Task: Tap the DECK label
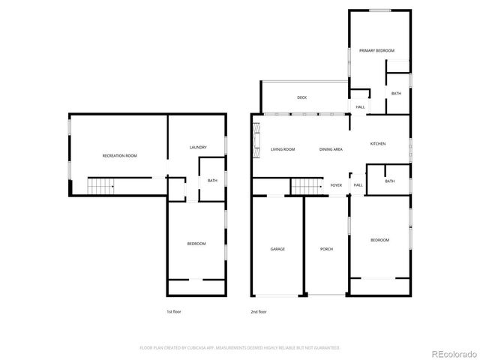[x=301, y=97]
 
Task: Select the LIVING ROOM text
[x=283, y=150]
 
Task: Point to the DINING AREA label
[x=331, y=150]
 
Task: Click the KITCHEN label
[x=378, y=143]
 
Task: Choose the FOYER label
[x=336, y=185]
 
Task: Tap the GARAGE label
[x=277, y=249]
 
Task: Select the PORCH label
[x=326, y=249]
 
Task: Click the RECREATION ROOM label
[x=120, y=155]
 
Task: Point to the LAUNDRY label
[x=198, y=147]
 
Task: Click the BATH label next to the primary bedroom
[x=396, y=93]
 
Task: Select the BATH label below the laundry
[x=212, y=180]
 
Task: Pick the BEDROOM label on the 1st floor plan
[x=196, y=244]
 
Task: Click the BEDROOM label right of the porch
[x=380, y=240]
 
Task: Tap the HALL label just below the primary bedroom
[x=360, y=107]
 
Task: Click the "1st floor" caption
[x=174, y=311]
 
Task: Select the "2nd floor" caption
[x=259, y=311]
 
